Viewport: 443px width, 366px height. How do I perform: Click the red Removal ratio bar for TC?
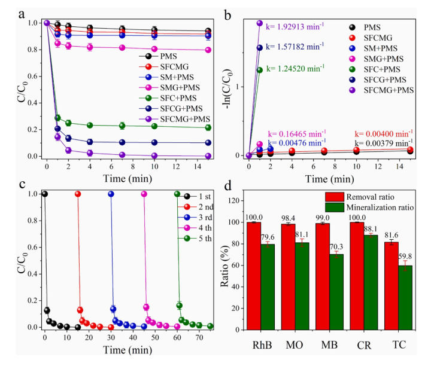tap(391, 285)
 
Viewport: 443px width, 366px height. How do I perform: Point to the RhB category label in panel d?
tap(262, 346)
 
